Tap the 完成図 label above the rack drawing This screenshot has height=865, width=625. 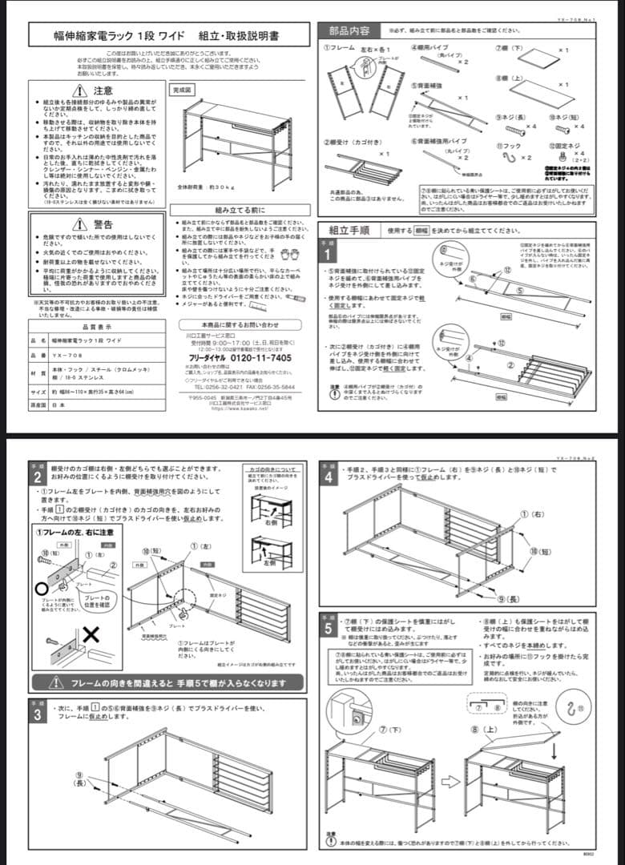[183, 91]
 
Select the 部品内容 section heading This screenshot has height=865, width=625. [349, 30]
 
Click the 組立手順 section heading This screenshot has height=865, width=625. [349, 230]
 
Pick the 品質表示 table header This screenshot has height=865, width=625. [97, 327]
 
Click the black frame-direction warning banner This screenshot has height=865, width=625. [168, 683]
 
